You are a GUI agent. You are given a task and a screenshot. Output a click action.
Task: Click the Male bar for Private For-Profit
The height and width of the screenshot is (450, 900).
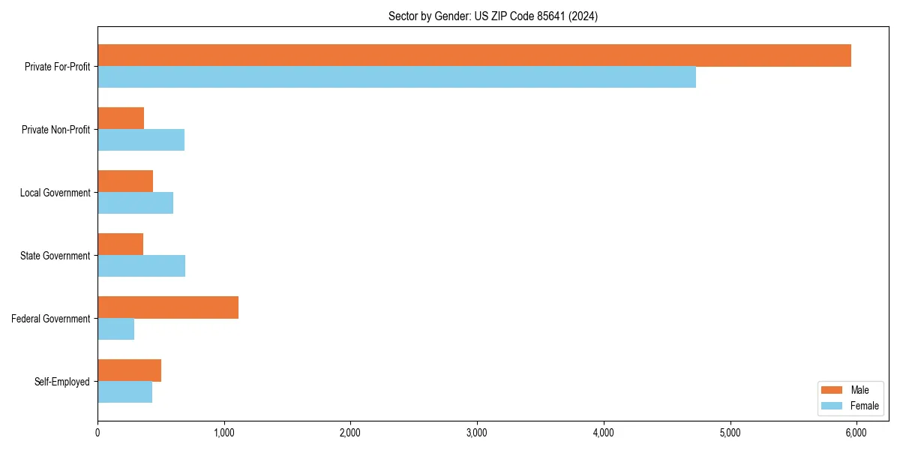[474, 55]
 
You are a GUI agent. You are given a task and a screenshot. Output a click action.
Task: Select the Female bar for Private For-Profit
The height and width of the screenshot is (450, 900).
[397, 77]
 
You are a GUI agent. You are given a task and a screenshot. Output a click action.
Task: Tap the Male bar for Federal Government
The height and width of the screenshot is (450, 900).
[168, 307]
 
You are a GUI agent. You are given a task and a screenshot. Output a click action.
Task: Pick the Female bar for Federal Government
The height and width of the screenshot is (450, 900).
[115, 329]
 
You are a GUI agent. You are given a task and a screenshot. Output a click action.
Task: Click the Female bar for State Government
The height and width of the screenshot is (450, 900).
[141, 266]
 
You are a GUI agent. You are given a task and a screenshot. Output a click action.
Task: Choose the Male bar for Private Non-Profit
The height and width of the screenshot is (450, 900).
[121, 118]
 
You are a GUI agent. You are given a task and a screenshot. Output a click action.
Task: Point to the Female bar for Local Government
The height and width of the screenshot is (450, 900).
[135, 203]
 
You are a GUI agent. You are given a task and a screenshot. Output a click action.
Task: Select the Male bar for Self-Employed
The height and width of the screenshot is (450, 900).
[129, 370]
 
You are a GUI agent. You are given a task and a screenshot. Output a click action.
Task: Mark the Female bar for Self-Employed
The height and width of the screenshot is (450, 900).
[124, 392]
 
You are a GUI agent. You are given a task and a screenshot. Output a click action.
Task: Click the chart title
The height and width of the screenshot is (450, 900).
[493, 16]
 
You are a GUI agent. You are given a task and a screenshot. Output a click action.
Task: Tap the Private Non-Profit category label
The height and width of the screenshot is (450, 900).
[55, 130]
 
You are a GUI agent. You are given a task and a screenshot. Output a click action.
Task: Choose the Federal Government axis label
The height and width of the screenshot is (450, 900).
[51, 319]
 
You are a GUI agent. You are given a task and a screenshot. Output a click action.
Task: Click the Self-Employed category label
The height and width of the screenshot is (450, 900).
[62, 382]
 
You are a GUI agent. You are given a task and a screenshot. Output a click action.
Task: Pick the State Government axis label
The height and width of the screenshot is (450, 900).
[55, 256]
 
